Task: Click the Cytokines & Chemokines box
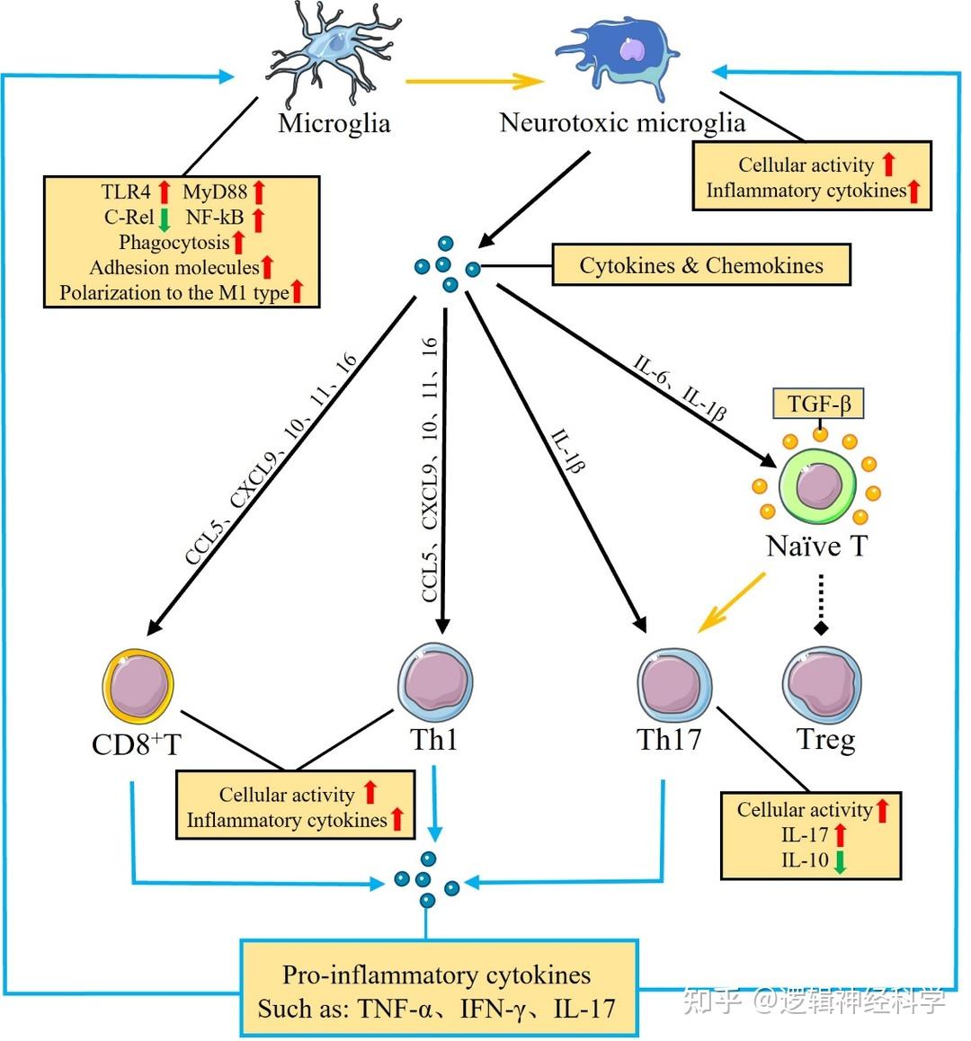pyautogui.click(x=700, y=265)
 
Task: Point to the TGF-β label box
pyautogui.click(x=819, y=404)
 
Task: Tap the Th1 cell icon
pyautogui.click(x=435, y=682)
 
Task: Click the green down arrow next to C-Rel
pyautogui.click(x=164, y=218)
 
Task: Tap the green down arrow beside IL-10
pyautogui.click(x=839, y=861)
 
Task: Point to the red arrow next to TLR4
pyautogui.click(x=165, y=191)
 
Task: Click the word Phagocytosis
pyautogui.click(x=174, y=243)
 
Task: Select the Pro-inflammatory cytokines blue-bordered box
pyautogui.click(x=439, y=989)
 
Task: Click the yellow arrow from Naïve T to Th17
pyautogui.click(x=732, y=602)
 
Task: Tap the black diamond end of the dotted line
pyautogui.click(x=819, y=627)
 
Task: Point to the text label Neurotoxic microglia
pyautogui.click(x=622, y=122)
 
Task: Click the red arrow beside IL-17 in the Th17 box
pyautogui.click(x=841, y=835)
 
